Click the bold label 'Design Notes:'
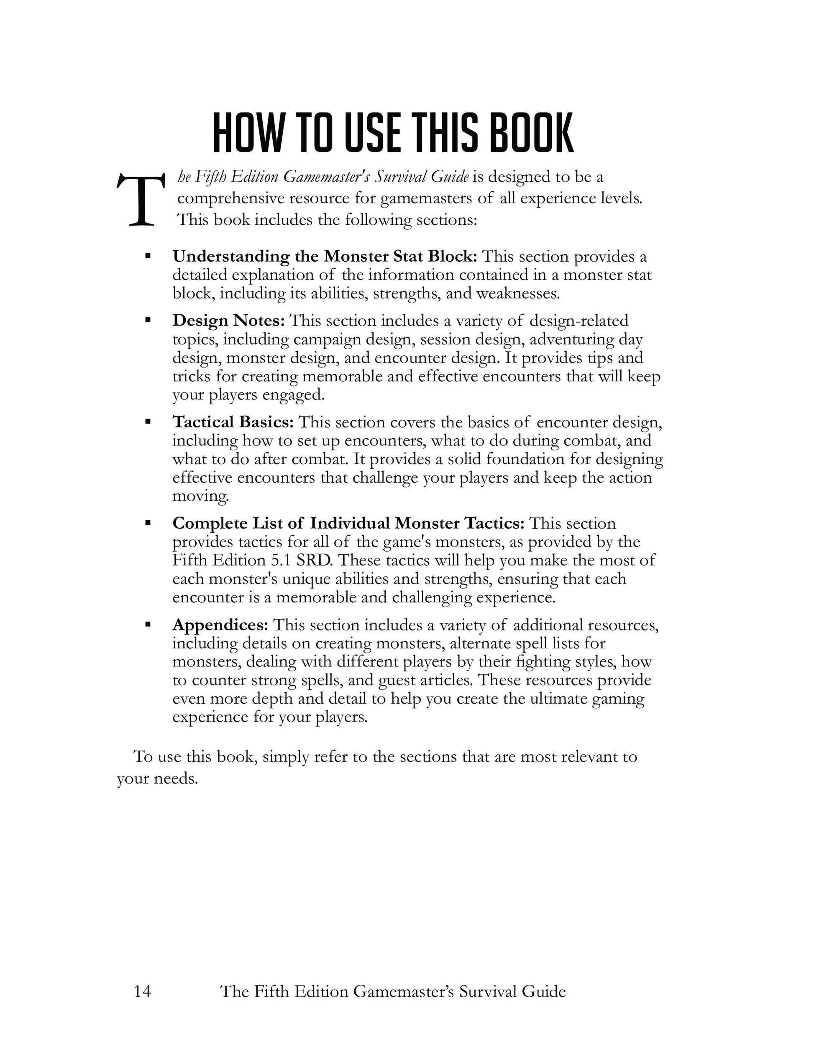tap(228, 321)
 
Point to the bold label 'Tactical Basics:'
tap(233, 422)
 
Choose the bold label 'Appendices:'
tap(220, 625)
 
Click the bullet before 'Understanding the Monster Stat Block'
tap(148, 255)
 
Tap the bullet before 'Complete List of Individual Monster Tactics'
tap(148, 523)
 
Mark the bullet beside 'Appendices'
tap(148, 625)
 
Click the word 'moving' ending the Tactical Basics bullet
tap(200, 496)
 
